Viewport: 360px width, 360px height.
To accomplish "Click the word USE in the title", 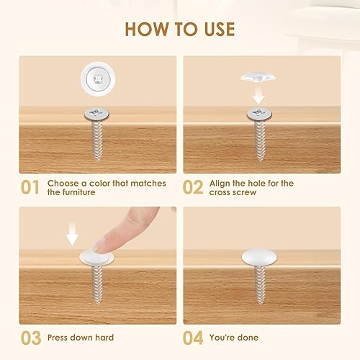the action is pyautogui.click(x=220, y=30).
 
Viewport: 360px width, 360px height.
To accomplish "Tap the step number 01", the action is pyautogui.click(x=30, y=187).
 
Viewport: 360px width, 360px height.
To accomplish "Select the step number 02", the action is pyautogui.click(x=193, y=187).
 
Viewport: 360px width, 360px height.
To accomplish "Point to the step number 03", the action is pyautogui.click(x=31, y=338).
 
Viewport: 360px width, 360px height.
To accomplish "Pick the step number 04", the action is pyautogui.click(x=193, y=338).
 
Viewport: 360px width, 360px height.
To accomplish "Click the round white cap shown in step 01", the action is pyautogui.click(x=98, y=78).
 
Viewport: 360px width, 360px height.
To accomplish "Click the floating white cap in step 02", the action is pyautogui.click(x=258, y=77).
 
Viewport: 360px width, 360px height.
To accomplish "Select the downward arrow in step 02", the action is pyautogui.click(x=258, y=95).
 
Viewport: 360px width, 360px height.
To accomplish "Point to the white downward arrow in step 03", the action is pyautogui.click(x=72, y=234).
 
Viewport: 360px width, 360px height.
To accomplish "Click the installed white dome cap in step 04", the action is pyautogui.click(x=259, y=257).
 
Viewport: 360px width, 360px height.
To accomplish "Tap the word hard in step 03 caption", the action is pyautogui.click(x=104, y=338).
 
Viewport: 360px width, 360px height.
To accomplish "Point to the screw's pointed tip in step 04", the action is pyautogui.click(x=260, y=305).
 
